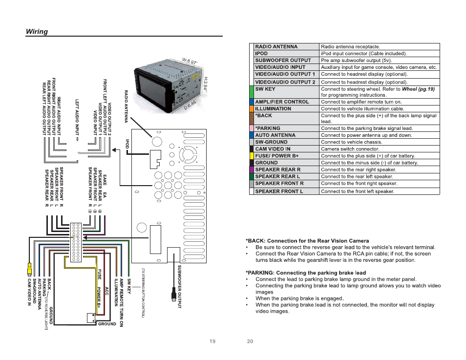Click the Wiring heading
coord(37,32)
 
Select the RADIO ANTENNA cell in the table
coord(276,47)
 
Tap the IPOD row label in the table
coord(262,54)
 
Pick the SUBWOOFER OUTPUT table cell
coord(283,61)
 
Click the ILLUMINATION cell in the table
coord(273,109)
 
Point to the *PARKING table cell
coord(268,128)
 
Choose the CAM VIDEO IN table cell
coord(273,149)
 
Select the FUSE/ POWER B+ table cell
coord(277,156)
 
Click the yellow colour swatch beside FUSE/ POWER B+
coord(252,156)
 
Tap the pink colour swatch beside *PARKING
coord(252,128)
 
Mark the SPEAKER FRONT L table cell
coord(279,191)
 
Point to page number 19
coord(212,341)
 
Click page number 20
coord(250,341)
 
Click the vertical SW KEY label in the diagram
coord(129,286)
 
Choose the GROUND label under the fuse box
coord(107,324)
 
